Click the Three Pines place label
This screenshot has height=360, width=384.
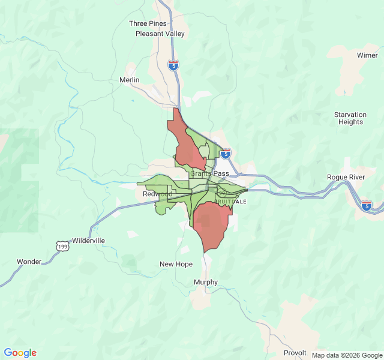147,23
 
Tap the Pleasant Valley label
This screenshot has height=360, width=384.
160,34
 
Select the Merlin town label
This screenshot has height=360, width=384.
129,80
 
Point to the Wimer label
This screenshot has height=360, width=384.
367,55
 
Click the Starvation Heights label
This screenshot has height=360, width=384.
350,118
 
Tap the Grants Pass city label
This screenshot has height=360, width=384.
209,173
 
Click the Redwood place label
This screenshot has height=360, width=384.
157,194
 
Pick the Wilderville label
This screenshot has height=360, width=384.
88,241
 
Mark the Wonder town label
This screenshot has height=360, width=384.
29,262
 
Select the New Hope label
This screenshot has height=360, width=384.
176,264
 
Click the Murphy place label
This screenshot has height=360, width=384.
206,282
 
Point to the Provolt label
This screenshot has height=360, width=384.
295,352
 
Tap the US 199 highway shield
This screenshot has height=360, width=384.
62,246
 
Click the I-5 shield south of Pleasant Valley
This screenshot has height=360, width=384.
173,65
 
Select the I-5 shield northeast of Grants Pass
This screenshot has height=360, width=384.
225,154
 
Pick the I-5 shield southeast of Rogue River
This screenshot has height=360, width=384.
367,205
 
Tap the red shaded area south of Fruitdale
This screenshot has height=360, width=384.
211,225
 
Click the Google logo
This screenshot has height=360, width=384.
20,353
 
